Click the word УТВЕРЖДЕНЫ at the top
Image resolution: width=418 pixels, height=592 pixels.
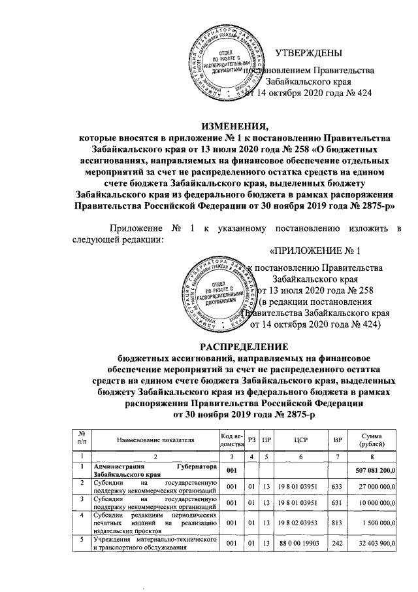tap(308, 53)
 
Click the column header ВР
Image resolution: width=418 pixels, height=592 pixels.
tap(338, 442)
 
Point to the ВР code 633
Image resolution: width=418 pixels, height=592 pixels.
tap(338, 487)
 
